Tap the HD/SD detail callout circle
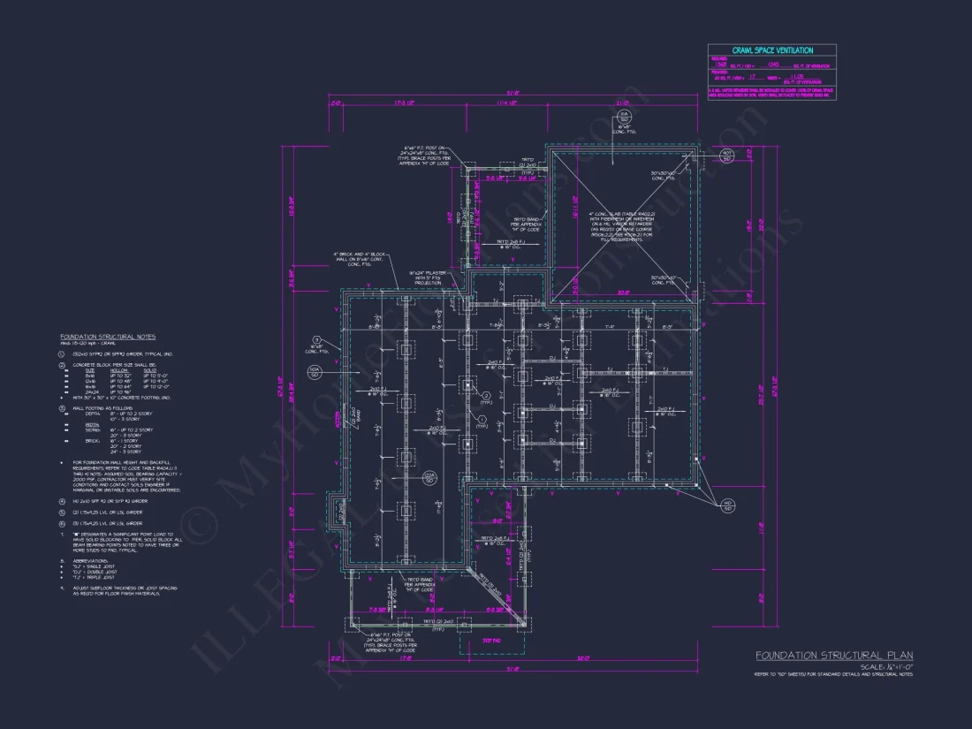coord(728,505)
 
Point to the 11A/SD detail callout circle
coord(623,117)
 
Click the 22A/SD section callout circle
coord(429,478)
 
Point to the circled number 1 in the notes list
coord(62,353)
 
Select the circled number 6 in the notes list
coord(62,523)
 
